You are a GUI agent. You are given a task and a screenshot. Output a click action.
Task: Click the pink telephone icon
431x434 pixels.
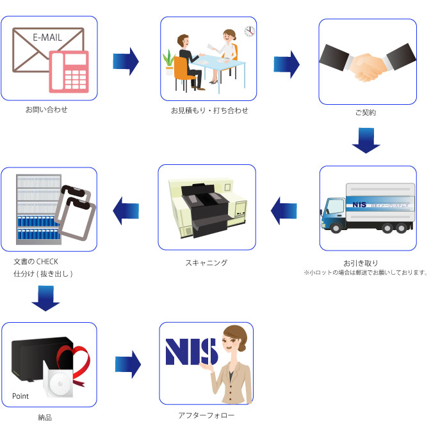tap(70, 71)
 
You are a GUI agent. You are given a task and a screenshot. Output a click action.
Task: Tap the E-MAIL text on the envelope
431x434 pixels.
tap(47, 37)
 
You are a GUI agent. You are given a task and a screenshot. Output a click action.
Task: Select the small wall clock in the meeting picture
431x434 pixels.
tap(249, 31)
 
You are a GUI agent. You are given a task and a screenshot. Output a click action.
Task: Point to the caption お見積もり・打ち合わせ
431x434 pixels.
tap(209, 111)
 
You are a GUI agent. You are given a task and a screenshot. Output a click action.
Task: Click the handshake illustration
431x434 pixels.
tap(368, 63)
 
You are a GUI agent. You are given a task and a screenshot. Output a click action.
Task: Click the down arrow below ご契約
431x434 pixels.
tap(366, 140)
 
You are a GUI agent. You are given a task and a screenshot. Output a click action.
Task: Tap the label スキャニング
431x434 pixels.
tap(206, 262)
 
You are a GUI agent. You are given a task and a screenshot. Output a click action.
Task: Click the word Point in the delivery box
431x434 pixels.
tap(20, 396)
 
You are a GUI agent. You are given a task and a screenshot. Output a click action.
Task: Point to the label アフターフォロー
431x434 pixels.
tap(206, 415)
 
